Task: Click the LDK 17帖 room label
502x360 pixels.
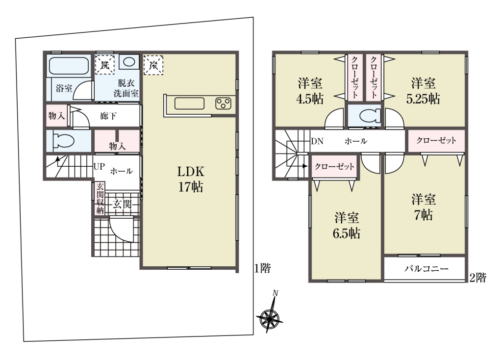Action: [x=191, y=180]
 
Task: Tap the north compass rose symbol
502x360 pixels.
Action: [x=270, y=315]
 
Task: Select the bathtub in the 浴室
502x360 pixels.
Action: [x=69, y=66]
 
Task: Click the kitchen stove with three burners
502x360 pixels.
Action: [x=223, y=103]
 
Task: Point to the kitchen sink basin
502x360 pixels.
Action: [x=189, y=103]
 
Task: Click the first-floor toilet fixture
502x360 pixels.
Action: [x=62, y=141]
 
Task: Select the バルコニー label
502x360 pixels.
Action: [x=426, y=268]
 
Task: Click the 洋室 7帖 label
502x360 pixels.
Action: [x=423, y=207]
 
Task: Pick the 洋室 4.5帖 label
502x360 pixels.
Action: [x=310, y=91]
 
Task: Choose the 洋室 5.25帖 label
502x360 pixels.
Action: [x=423, y=91]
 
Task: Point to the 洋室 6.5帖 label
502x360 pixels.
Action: [x=347, y=226]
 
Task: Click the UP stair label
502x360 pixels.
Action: [x=99, y=167]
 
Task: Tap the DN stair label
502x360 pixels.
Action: [x=317, y=141]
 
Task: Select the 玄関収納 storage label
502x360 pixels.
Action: [x=100, y=198]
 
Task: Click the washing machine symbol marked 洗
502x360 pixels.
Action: [x=105, y=65]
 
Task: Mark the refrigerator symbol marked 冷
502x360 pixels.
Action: [x=153, y=65]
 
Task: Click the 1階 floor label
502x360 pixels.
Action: [x=263, y=268]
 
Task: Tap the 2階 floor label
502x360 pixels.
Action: [x=477, y=278]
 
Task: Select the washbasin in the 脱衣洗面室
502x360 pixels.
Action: [x=129, y=62]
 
